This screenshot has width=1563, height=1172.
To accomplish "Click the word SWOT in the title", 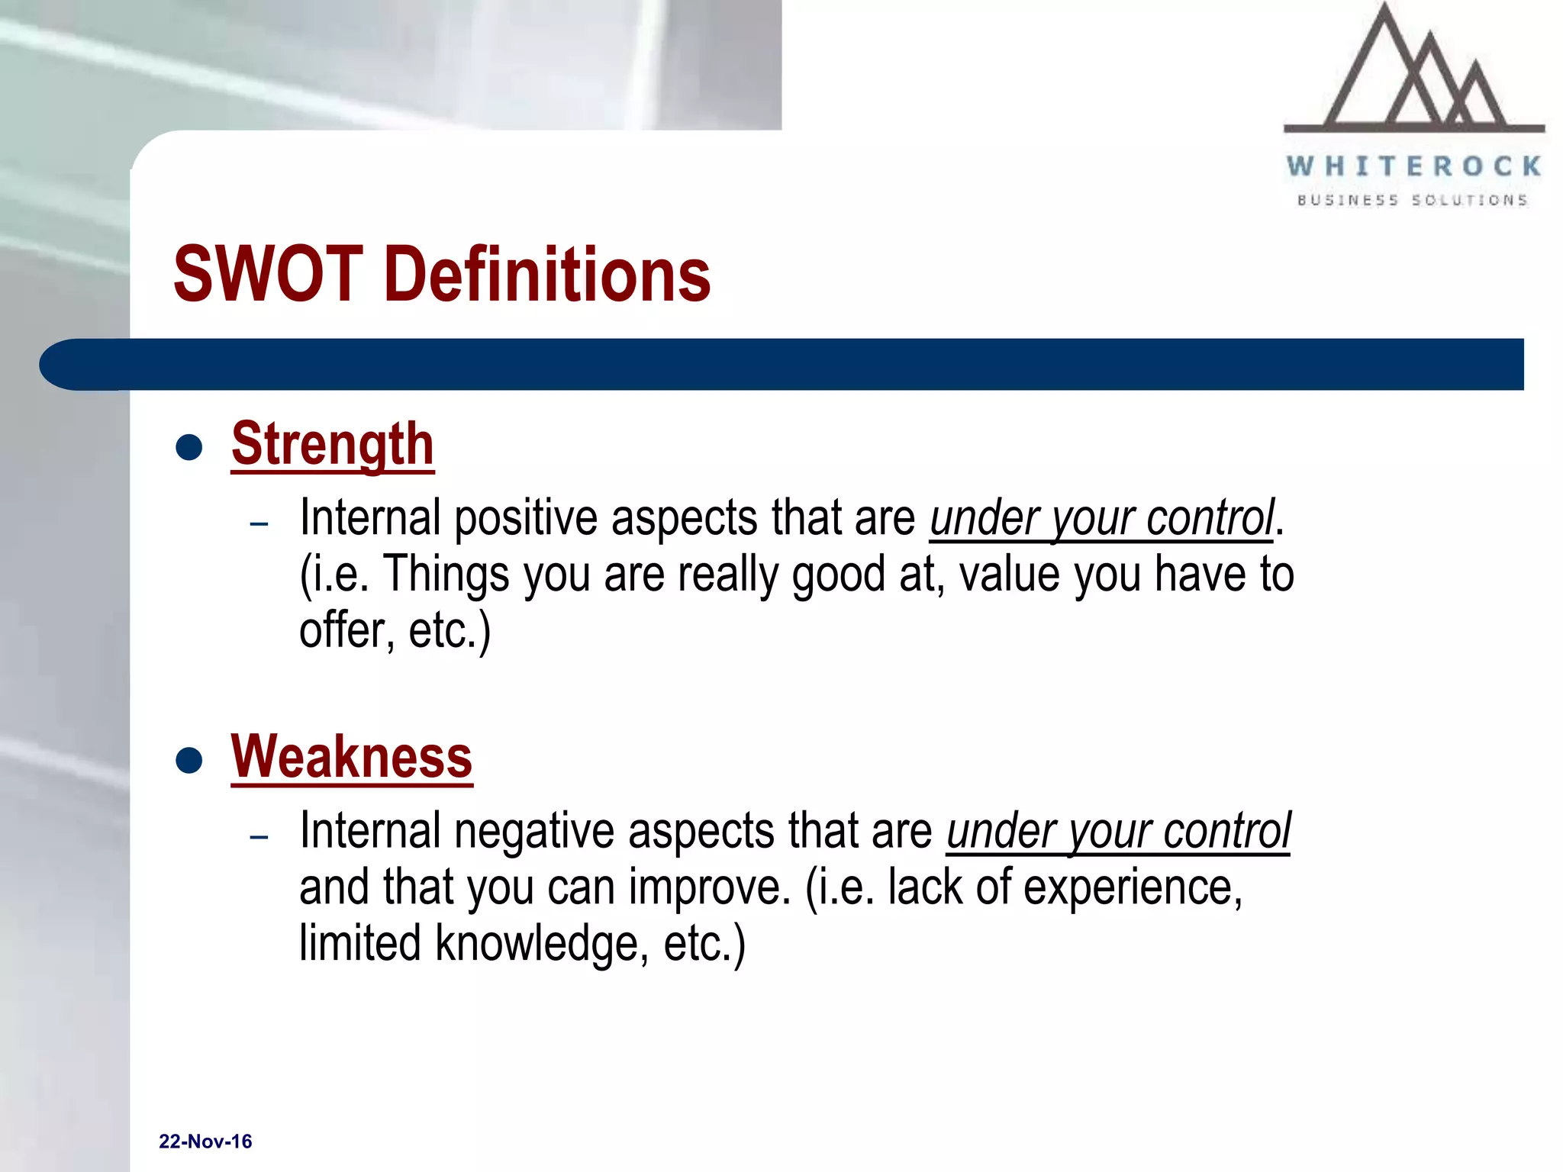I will [267, 275].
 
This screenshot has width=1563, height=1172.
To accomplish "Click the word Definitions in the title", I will [551, 275].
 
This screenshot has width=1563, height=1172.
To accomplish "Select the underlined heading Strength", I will [333, 444].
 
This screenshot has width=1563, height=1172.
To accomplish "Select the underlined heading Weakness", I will [352, 757].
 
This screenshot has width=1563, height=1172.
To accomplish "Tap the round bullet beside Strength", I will [189, 447].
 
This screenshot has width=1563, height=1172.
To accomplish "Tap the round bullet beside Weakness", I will [189, 760].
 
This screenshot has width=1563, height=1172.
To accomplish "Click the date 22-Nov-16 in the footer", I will [205, 1141].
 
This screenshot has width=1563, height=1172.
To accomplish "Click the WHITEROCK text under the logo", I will [1413, 166].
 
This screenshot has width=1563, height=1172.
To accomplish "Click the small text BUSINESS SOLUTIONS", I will [1413, 201].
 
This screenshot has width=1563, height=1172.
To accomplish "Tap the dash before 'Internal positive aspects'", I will [259, 524].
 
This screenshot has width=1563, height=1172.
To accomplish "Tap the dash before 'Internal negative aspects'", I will [259, 837].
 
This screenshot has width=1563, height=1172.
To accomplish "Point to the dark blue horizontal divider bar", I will [781, 365].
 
